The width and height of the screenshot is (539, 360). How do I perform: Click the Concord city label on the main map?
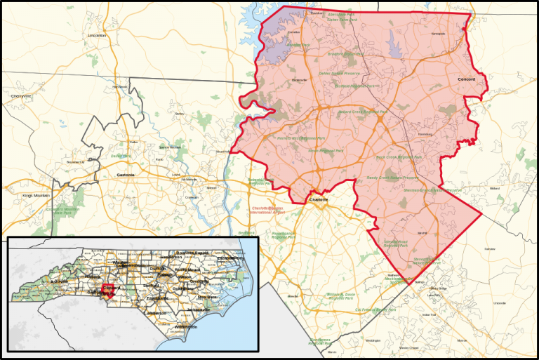466,80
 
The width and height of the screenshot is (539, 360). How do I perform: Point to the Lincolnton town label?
96,35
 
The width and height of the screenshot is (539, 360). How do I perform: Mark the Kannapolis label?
438,33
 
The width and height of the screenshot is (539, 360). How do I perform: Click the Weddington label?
373,340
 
